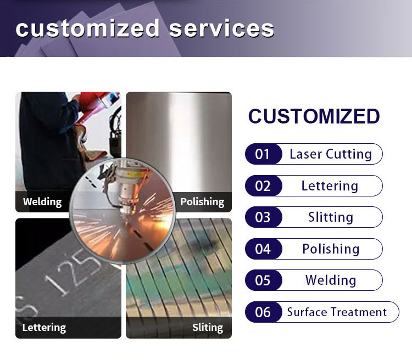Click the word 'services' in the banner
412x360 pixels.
coord(221,29)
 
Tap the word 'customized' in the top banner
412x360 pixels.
coord(87,28)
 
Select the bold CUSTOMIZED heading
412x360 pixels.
coord(314,116)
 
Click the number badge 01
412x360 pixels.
coord(263,154)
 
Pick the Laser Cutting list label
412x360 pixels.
coord(331,154)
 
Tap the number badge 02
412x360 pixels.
coord(263,186)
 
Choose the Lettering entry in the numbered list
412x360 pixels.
coord(330,186)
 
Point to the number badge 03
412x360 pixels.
coord(263,217)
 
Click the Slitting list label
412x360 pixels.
coord(331,217)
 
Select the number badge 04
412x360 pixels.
coord(263,249)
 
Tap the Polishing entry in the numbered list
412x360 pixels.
coord(331,249)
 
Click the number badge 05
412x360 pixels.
coord(263,280)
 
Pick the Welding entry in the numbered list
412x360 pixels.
coord(331,280)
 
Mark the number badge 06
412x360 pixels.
coord(263,312)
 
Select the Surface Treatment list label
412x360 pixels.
coord(337,312)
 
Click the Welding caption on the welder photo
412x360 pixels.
coord(42,202)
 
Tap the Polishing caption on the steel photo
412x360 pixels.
coord(202,202)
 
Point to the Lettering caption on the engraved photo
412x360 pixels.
coord(44,328)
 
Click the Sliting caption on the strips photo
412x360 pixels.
coord(208,328)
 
